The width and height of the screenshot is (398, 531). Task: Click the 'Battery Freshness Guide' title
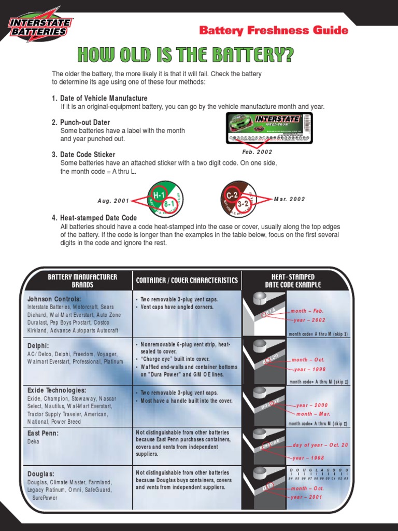coord(274,31)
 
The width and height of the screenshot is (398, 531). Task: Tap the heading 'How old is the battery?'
coord(185,54)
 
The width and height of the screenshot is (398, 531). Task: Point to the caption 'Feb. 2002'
coord(257,152)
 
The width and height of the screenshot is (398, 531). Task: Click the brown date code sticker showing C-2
coord(239,198)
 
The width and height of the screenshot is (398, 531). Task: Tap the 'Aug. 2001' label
coord(113,200)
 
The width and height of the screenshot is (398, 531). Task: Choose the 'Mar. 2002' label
coord(290,199)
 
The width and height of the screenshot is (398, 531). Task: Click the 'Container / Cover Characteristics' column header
coord(187,281)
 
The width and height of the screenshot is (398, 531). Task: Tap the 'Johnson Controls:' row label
coord(54,299)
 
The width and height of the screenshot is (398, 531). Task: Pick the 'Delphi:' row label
coord(38,345)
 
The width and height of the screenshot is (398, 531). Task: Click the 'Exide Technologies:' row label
coord(56,390)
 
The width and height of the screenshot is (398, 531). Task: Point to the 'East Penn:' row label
coord(42,432)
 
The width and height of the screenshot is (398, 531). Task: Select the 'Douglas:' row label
coord(41,473)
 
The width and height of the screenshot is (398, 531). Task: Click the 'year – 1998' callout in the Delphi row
coord(309,369)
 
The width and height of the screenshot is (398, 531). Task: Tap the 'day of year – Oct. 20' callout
coord(320,445)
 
